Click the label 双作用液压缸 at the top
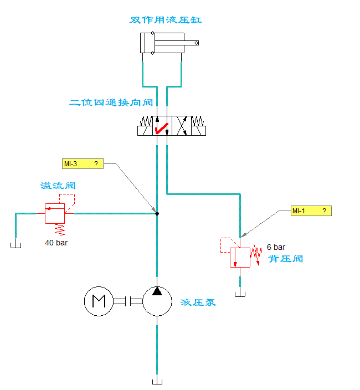[x=166, y=20]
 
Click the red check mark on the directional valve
[x=162, y=129]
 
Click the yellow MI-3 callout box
[x=83, y=164]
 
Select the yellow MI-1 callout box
[x=312, y=211]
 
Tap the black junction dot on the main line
[x=157, y=213]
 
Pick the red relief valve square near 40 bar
[x=55, y=213]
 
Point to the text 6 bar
[x=276, y=247]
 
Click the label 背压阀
[x=285, y=259]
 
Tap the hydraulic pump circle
[x=158, y=301]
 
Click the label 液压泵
[x=198, y=302]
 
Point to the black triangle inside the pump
[x=158, y=291]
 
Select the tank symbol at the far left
[x=16, y=245]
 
